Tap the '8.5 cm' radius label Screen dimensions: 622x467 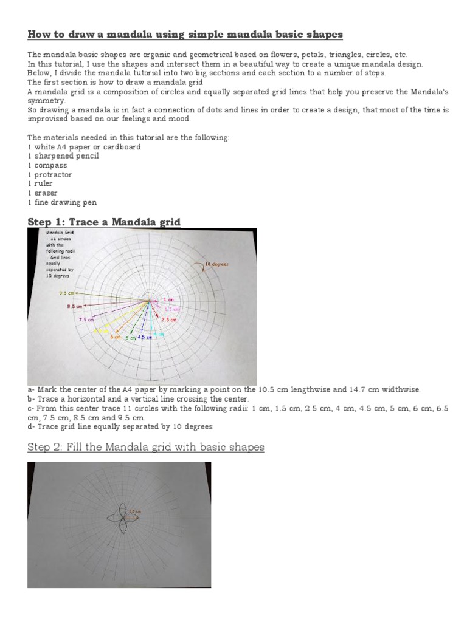(74, 306)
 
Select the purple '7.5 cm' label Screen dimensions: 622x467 (86, 320)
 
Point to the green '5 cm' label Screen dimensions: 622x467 (131, 338)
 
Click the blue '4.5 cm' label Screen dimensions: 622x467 (145, 337)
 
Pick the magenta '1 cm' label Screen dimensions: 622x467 (168, 300)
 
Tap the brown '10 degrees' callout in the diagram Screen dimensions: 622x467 (216, 265)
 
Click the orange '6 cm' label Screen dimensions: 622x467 (116, 337)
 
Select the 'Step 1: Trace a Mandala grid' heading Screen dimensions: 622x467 (104, 222)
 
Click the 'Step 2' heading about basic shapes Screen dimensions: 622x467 (146, 448)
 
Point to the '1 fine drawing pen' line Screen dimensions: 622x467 (62, 202)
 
